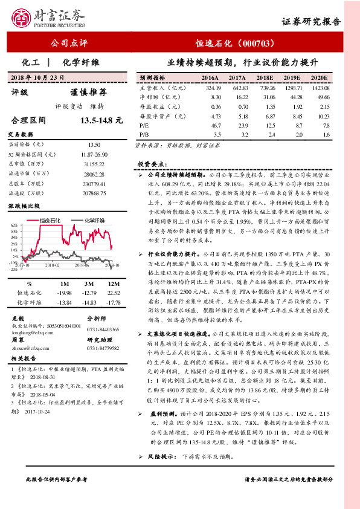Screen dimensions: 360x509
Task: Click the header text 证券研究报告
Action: (312, 21)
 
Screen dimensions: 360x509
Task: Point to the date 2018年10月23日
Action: (37, 77)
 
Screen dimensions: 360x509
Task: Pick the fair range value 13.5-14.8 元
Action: (101, 121)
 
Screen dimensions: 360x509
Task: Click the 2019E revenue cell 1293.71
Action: (293, 88)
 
